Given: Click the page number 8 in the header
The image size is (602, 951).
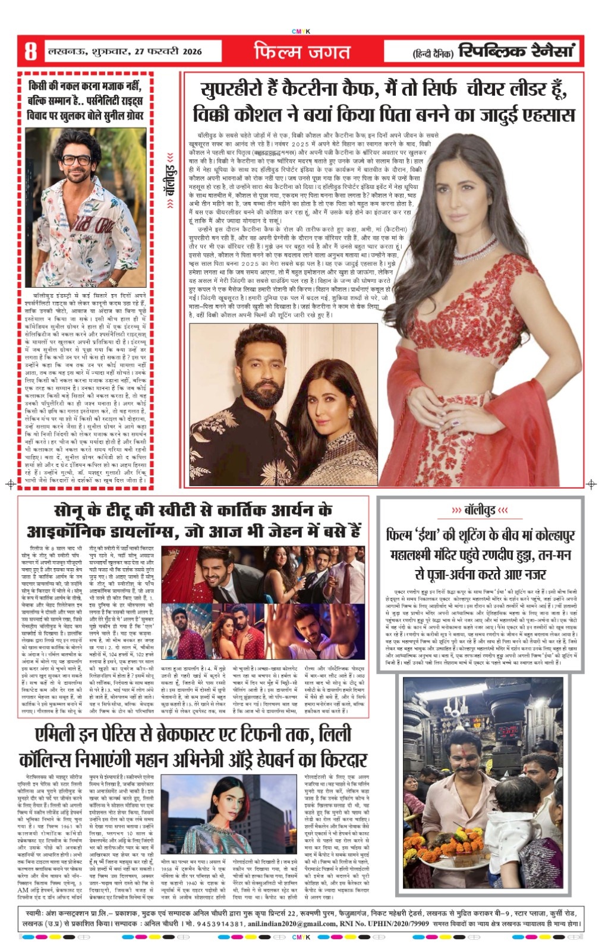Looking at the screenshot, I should (30, 52).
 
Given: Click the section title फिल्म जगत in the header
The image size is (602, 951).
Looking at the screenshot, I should (302, 52).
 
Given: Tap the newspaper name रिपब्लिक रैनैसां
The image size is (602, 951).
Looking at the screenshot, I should (518, 52).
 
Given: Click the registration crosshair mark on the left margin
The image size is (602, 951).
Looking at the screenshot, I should (10, 484).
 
